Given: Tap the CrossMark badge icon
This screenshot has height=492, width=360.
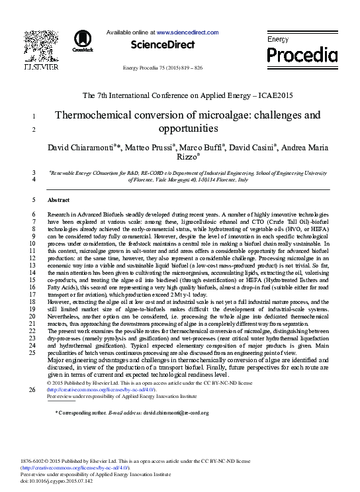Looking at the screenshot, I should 83,40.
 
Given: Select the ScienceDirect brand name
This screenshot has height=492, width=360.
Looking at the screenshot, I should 163,45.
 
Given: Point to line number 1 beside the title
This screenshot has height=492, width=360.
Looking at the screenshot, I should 33,117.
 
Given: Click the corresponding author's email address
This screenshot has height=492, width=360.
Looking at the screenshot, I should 171,413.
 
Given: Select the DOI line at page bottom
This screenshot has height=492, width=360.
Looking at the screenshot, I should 46,481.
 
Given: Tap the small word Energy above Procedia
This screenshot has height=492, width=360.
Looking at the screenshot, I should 278,40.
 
